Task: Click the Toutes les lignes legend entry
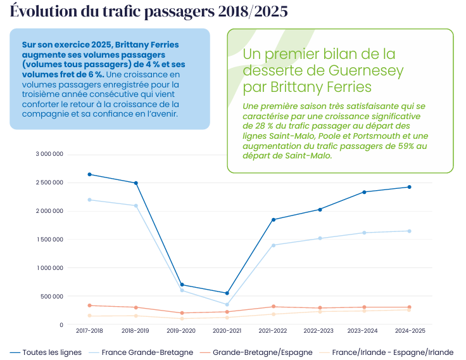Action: pyautogui.click(x=47, y=352)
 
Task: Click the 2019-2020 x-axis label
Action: pyautogui.click(x=180, y=331)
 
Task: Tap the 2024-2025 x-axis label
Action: pyautogui.click(x=409, y=331)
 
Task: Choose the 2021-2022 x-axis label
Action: pyautogui.click(x=272, y=331)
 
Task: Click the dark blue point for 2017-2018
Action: pyautogui.click(x=89, y=174)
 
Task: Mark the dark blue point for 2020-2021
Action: pyautogui.click(x=227, y=293)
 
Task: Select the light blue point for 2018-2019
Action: pyautogui.click(x=135, y=205)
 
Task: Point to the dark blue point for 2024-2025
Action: pyautogui.click(x=409, y=187)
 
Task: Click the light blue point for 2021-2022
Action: pyautogui.click(x=273, y=245)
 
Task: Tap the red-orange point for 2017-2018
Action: pyautogui.click(x=89, y=305)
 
